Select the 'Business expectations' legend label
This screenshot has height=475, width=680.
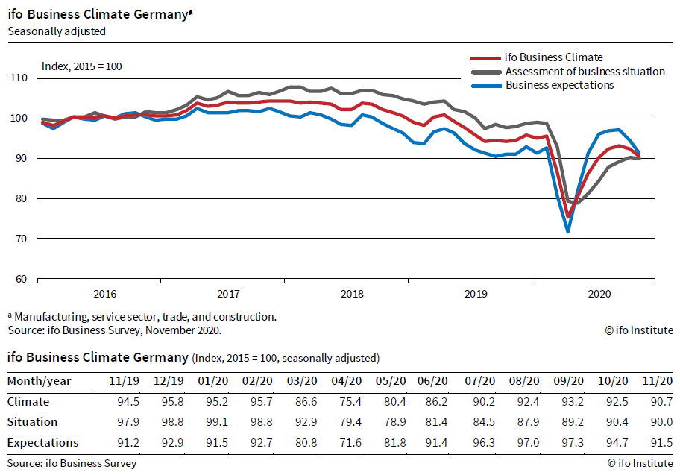point(559,85)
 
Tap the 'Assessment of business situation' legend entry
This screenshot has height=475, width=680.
point(585,72)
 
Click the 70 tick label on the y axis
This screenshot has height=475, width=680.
point(21,239)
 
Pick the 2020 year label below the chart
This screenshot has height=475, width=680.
point(599,294)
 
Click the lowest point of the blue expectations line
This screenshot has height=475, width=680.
point(568,232)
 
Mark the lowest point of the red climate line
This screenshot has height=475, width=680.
point(568,217)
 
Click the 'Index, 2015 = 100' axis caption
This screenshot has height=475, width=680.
point(81,66)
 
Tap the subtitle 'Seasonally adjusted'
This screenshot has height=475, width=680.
point(57,31)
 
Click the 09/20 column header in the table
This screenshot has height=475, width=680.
point(569,381)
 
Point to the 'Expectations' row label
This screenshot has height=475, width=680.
point(42,442)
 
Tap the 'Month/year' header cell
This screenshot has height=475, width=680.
point(40,381)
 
